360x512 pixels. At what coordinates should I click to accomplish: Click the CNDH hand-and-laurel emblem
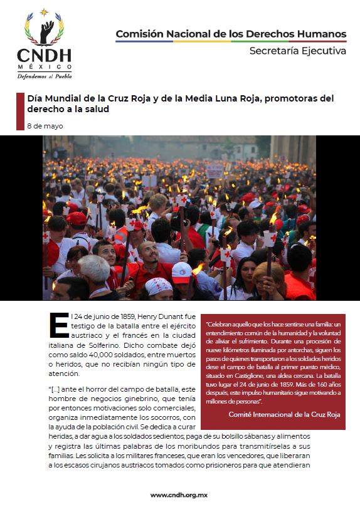(x=44, y=29)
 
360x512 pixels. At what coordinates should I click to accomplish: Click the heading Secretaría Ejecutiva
(x=297, y=51)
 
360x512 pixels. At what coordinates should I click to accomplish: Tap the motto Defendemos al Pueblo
(x=45, y=76)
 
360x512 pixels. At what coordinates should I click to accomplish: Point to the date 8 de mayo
(x=45, y=126)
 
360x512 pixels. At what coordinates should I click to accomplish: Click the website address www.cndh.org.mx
(x=180, y=494)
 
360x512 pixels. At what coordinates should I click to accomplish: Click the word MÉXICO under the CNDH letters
(x=44, y=66)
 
